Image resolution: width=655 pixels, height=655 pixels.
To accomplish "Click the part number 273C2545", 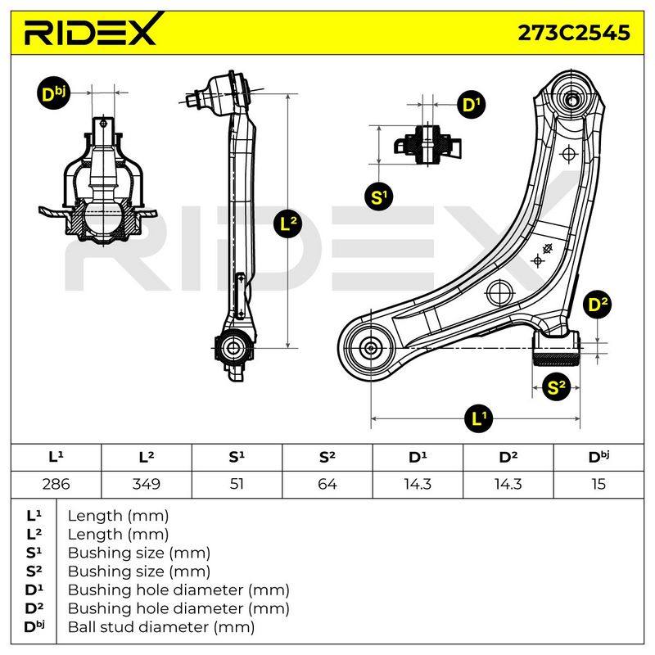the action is (x=574, y=33).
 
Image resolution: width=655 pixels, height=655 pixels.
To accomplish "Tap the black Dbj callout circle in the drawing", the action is (x=53, y=94).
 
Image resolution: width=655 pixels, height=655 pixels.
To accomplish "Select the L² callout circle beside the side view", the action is (x=288, y=224).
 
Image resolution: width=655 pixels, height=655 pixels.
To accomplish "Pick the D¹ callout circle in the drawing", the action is (x=472, y=105).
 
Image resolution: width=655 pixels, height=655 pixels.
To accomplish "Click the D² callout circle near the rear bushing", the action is (x=598, y=305).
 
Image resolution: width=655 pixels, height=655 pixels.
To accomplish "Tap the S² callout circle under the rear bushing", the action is (x=556, y=387).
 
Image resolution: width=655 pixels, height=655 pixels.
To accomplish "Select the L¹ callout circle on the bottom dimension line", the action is (x=479, y=418).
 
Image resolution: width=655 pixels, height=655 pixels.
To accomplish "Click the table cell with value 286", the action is (x=56, y=484).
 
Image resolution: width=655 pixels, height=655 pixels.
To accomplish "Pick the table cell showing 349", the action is (x=147, y=484).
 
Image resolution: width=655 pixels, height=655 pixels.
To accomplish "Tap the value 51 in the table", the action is (x=237, y=484).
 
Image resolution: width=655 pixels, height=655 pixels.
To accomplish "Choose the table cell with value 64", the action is (x=327, y=484).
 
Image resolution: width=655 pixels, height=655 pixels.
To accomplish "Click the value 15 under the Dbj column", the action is (x=599, y=484).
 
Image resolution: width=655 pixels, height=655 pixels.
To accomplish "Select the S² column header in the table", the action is (x=327, y=458).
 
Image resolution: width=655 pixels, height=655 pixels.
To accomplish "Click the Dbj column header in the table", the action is (x=599, y=458).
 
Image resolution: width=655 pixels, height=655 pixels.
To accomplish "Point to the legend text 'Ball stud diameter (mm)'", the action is (x=161, y=627).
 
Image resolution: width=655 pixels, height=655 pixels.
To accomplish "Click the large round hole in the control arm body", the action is (x=500, y=292).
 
